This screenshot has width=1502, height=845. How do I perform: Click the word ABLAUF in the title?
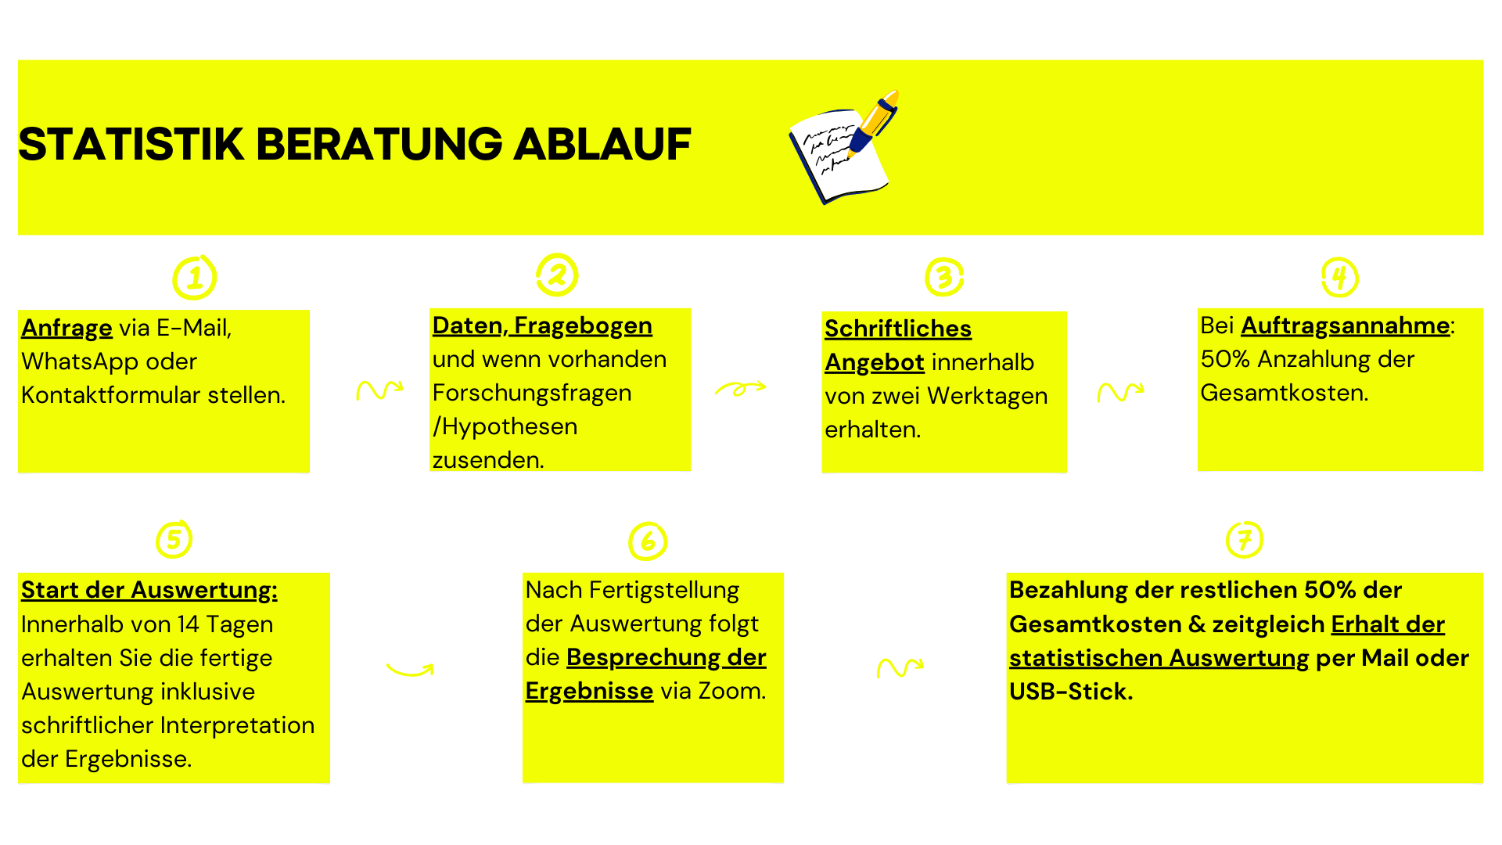602,145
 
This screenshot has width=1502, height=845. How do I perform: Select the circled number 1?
194,278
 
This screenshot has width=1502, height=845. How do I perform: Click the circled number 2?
557,275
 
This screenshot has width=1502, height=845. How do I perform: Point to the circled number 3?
944,277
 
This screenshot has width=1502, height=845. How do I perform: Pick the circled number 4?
1340,277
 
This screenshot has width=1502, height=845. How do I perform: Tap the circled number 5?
174,539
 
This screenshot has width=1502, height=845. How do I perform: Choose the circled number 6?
648,541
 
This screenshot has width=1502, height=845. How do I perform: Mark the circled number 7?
1245,539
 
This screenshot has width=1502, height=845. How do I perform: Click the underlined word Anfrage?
66,329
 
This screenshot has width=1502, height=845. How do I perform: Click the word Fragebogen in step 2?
583,326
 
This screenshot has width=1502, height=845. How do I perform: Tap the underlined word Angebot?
875,363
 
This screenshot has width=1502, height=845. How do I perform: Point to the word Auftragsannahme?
1346,325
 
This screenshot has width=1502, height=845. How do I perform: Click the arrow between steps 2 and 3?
740,388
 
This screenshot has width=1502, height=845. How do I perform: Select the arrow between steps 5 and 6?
409,671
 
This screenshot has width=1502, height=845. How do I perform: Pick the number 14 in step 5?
188,624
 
